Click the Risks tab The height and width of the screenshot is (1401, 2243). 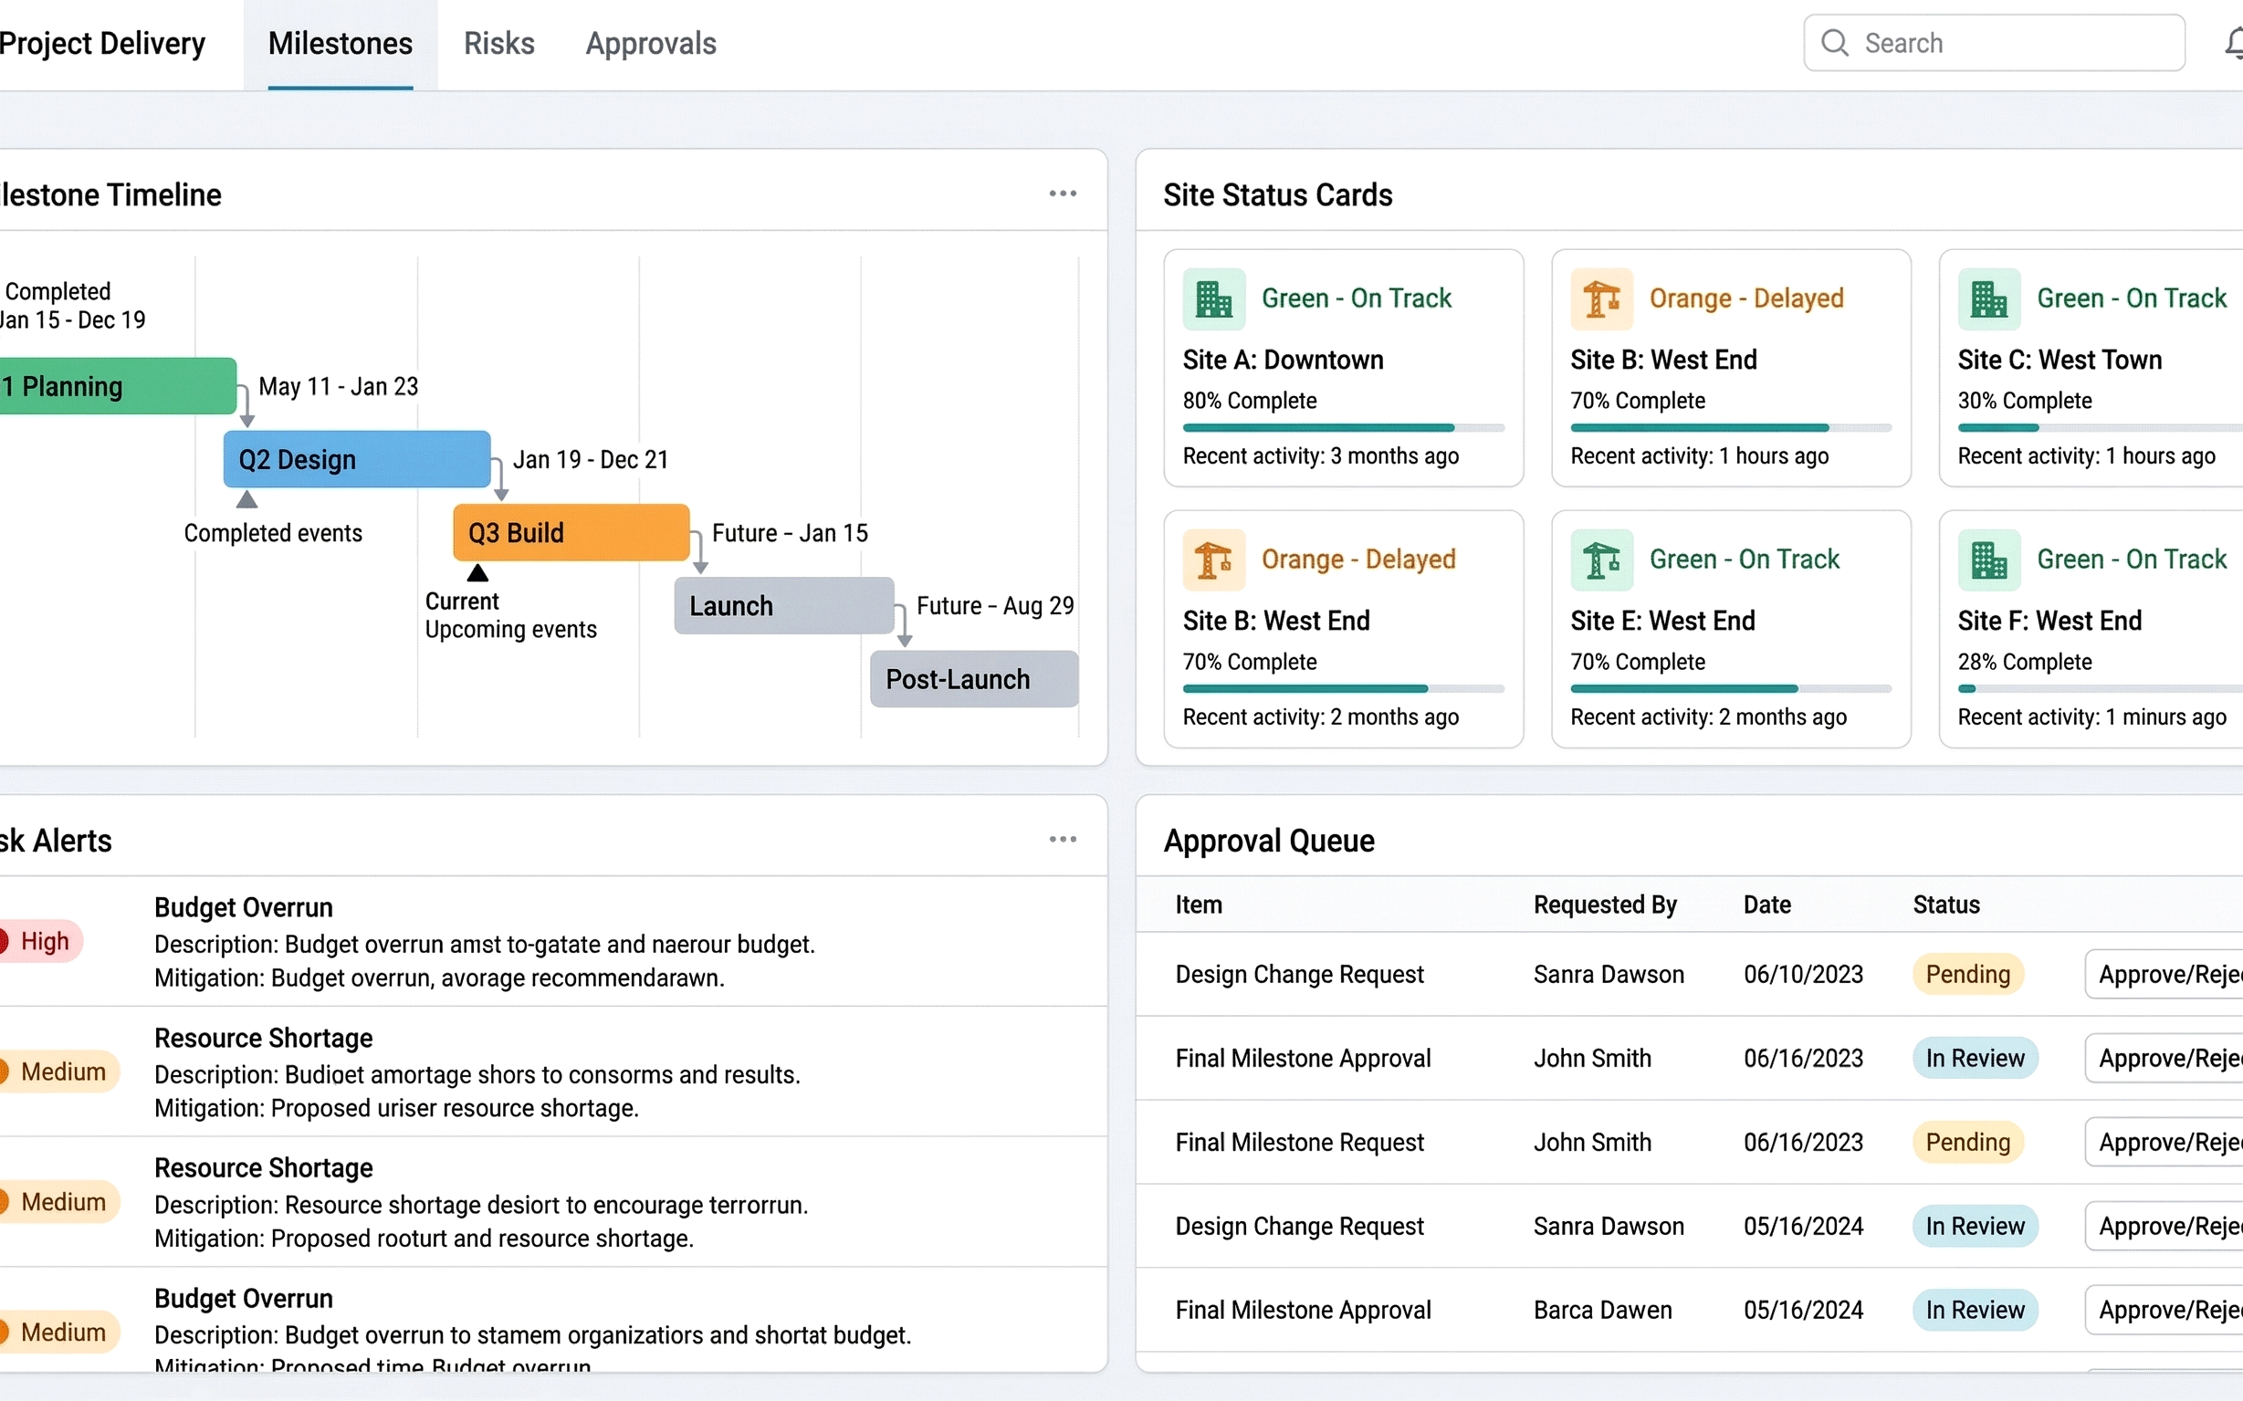[498, 44]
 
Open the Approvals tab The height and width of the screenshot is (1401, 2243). [651, 44]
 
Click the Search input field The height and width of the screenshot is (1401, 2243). [2011, 44]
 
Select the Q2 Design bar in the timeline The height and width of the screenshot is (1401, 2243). [357, 460]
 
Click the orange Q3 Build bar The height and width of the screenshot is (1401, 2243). [571, 533]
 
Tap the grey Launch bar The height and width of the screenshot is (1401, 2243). [784, 606]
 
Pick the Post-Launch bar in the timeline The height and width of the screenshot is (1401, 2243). [974, 679]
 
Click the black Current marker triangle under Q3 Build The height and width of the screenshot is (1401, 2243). [477, 573]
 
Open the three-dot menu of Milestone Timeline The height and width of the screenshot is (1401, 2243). [1063, 193]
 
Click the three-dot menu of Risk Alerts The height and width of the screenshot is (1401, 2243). [1063, 840]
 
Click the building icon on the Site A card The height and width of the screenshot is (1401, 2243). [1213, 299]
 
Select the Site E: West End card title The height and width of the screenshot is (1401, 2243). [1661, 621]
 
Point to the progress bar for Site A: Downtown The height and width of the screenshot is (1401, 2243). [1343, 428]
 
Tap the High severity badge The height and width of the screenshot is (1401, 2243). [42, 941]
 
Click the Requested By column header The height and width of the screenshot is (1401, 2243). [1604, 904]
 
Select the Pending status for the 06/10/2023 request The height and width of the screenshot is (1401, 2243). [1966, 975]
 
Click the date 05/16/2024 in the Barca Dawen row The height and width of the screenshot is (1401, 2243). [1803, 1311]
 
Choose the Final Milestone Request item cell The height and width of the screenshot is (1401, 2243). [1299, 1143]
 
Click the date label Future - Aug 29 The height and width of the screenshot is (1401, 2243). [994, 606]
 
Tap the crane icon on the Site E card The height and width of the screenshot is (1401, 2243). [1600, 560]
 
